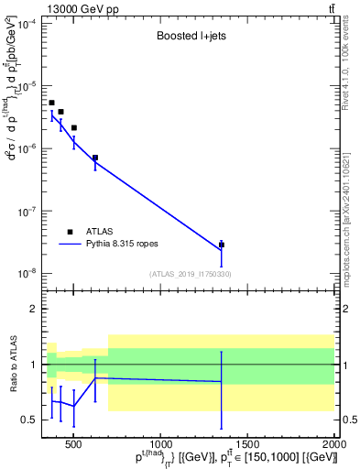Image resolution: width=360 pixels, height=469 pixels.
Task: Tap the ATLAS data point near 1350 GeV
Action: (x=222, y=245)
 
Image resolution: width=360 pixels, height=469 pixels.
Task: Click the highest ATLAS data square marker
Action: (x=51, y=103)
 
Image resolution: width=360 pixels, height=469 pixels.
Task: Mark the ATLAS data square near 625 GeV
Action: (x=95, y=158)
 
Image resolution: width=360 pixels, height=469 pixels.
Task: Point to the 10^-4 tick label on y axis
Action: (x=25, y=24)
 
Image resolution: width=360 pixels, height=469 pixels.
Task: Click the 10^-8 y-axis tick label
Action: (x=25, y=273)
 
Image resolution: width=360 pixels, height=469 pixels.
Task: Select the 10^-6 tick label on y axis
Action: (x=25, y=148)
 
